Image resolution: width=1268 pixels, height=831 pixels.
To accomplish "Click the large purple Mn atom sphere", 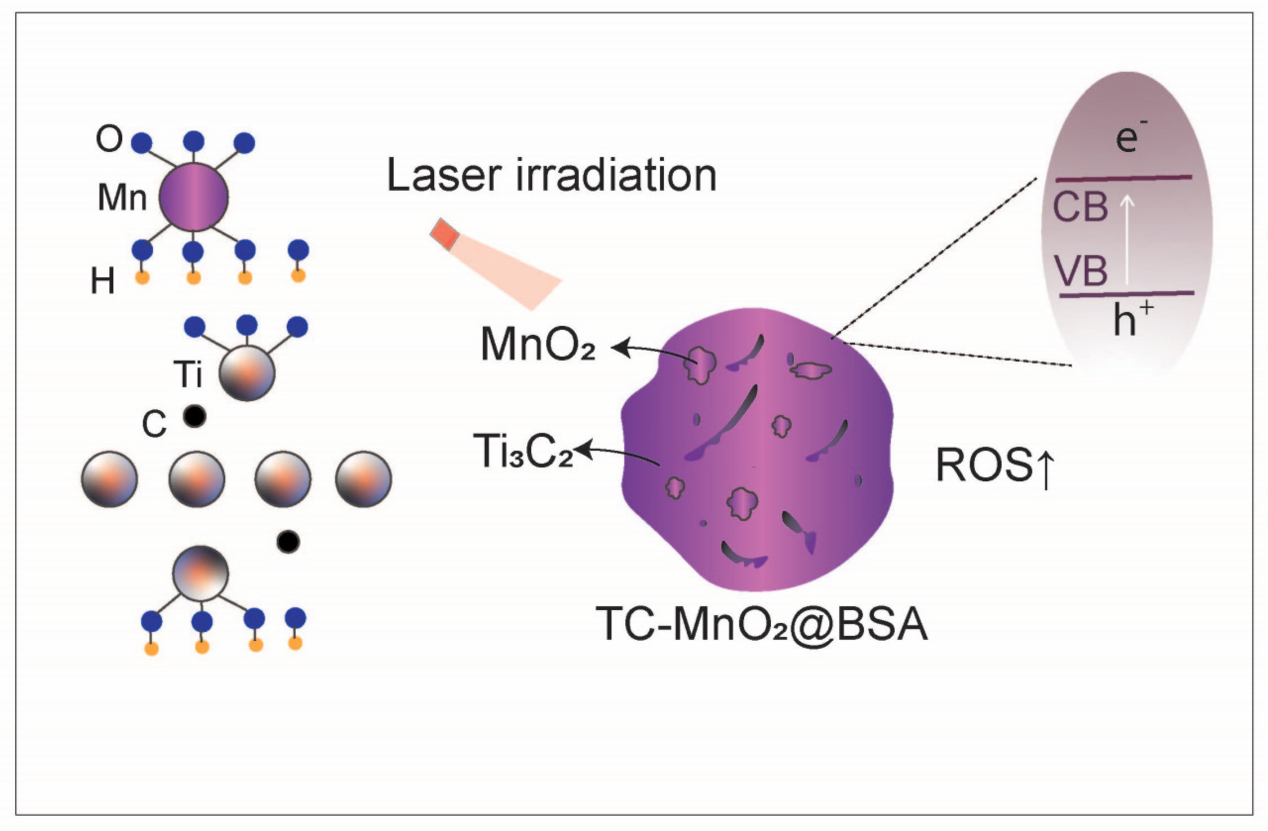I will coord(194,197).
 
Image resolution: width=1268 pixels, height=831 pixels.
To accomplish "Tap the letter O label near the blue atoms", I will coord(109,139).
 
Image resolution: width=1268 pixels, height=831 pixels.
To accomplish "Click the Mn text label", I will coord(122,198).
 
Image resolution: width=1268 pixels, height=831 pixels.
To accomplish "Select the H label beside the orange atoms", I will coord(103,281).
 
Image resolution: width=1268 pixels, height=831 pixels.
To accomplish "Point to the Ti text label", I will coord(188,374).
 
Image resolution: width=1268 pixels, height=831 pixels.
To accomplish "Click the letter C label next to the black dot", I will coord(154,425).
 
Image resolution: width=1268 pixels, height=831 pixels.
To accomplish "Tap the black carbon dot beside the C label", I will coord(195,416).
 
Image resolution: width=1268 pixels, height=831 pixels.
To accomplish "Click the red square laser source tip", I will coord(444,233).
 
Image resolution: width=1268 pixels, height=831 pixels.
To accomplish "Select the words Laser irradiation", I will coord(552,175).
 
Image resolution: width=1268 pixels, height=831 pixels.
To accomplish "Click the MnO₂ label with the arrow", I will coord(537,345).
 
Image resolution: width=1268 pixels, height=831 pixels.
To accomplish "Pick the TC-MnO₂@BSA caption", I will coord(761,623).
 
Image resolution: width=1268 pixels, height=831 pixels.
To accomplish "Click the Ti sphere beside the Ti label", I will coord(247,372).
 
